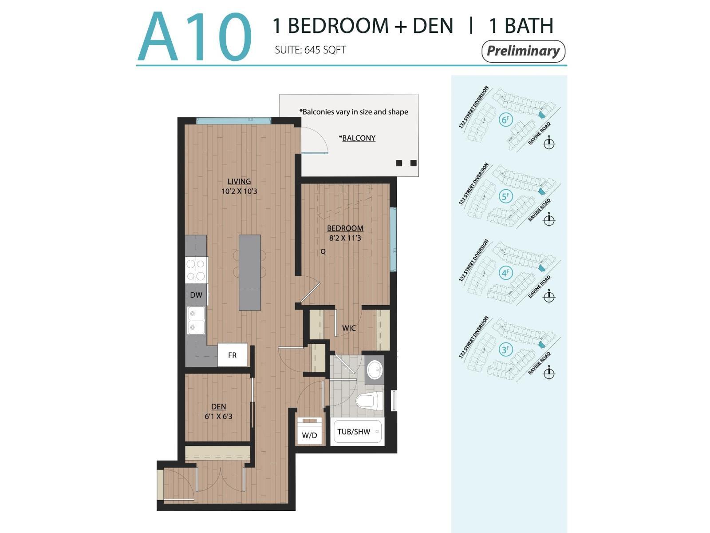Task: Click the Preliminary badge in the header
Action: coord(523,51)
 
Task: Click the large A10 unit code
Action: coord(194,37)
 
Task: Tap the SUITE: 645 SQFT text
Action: coord(310,50)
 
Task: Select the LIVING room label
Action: coord(239,181)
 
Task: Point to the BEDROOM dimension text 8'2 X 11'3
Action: coord(345,238)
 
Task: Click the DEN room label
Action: coord(218,406)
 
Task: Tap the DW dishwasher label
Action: coord(196,295)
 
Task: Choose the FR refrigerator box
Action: coord(233,355)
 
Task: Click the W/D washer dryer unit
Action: coord(309,431)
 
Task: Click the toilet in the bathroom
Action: coord(370,402)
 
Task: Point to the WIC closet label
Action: coord(349,328)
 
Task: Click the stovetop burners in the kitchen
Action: coord(196,270)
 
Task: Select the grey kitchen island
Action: coord(250,272)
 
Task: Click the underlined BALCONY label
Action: coord(359,138)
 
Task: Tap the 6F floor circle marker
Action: coord(505,119)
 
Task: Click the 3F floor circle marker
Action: coord(505,350)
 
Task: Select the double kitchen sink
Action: coord(196,320)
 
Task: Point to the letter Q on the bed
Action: coord(323,251)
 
